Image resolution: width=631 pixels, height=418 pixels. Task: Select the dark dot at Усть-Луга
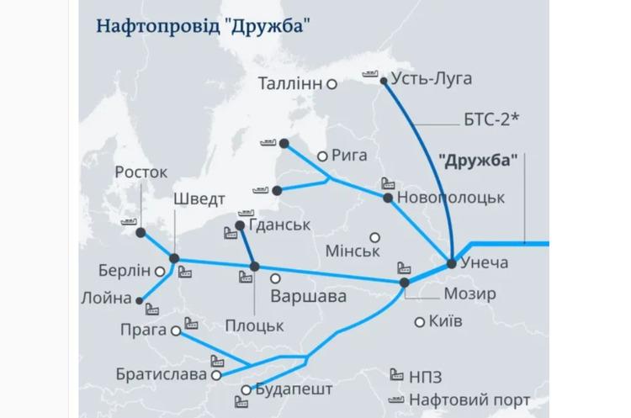click(x=384, y=82)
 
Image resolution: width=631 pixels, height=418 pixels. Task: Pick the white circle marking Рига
click(x=322, y=156)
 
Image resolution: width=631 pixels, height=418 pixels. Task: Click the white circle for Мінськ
click(x=375, y=237)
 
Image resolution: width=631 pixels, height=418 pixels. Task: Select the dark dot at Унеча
click(x=452, y=263)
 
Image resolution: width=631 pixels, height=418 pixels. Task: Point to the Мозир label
click(x=469, y=294)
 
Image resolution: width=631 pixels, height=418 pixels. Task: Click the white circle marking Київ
click(x=420, y=321)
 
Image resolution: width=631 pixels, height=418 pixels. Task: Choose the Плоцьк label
click(x=254, y=325)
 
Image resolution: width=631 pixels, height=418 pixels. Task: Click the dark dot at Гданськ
click(x=240, y=225)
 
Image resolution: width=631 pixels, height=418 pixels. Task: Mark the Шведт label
click(x=199, y=200)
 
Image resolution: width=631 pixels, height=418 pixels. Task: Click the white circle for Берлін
click(x=159, y=271)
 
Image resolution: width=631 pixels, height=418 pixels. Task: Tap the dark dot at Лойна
click(x=140, y=299)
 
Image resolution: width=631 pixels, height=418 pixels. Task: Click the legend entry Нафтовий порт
click(x=470, y=400)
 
